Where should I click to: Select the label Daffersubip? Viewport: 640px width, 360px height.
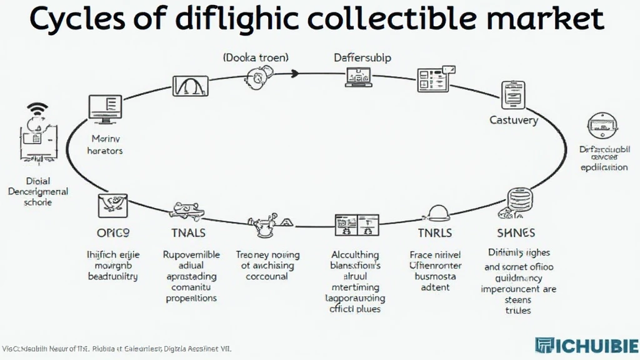(362, 57)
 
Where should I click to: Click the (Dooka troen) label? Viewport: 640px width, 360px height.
(256, 57)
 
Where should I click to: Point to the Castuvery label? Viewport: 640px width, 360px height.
(513, 120)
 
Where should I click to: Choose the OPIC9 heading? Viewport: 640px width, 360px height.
(112, 233)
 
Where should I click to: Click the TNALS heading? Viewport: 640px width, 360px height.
(188, 233)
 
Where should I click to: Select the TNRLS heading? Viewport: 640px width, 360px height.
(434, 233)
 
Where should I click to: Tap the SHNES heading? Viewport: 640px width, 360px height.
(516, 233)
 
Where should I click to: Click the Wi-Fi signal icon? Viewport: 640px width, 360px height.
(37, 111)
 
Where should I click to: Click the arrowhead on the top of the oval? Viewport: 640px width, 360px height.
(295, 74)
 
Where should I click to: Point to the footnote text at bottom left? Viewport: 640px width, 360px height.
(117, 349)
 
